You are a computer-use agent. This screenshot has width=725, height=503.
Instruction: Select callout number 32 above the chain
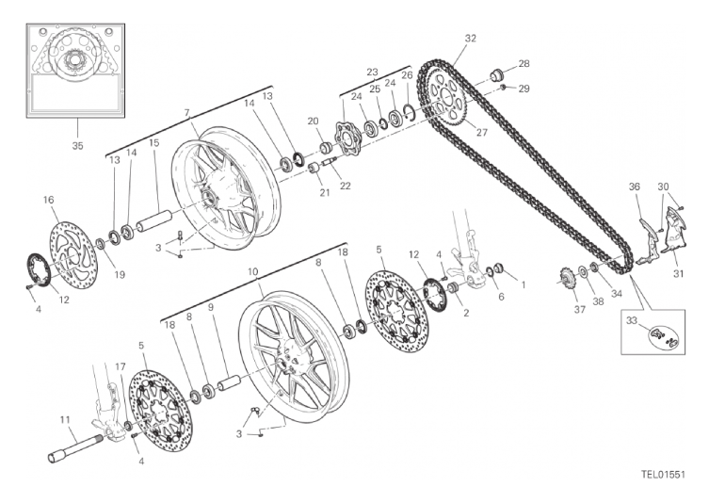470,39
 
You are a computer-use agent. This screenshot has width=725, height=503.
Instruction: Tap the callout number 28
524,64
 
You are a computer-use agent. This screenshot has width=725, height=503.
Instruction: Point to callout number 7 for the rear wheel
187,112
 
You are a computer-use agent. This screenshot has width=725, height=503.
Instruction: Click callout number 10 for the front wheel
252,271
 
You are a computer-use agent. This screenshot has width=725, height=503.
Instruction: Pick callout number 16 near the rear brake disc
48,200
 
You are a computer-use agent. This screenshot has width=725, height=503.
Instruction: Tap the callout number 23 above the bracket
372,73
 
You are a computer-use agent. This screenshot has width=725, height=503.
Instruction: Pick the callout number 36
634,187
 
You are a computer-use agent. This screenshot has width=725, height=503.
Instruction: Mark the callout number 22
346,186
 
